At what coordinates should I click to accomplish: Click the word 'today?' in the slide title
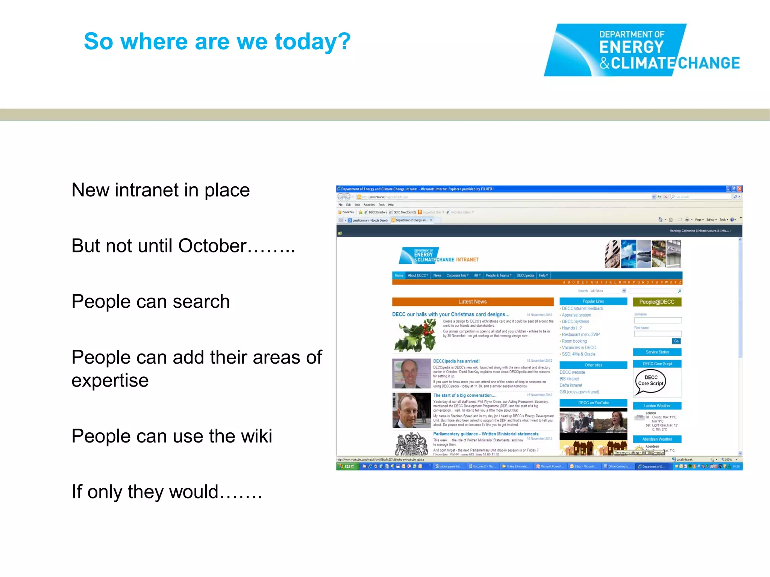click(x=313, y=41)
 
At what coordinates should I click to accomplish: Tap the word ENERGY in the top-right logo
click(x=632, y=47)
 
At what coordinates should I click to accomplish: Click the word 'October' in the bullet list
click(x=212, y=246)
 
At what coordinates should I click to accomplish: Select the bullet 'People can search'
click(x=150, y=302)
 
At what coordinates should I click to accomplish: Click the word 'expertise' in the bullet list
click(x=110, y=381)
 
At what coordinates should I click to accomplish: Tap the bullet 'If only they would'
click(x=167, y=492)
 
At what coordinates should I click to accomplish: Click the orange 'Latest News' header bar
click(x=473, y=302)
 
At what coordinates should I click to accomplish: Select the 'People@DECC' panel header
click(x=657, y=302)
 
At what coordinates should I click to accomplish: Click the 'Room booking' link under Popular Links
click(x=574, y=341)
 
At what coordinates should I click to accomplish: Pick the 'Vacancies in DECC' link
click(x=579, y=347)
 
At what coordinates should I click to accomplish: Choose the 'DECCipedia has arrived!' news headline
click(x=456, y=361)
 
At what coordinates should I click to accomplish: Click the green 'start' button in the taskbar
click(x=347, y=467)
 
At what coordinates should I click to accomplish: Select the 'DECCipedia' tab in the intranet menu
click(x=525, y=275)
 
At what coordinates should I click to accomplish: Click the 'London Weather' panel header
click(x=657, y=406)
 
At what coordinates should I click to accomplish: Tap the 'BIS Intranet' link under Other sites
click(x=569, y=379)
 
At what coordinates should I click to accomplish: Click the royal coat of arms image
click(x=411, y=444)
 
